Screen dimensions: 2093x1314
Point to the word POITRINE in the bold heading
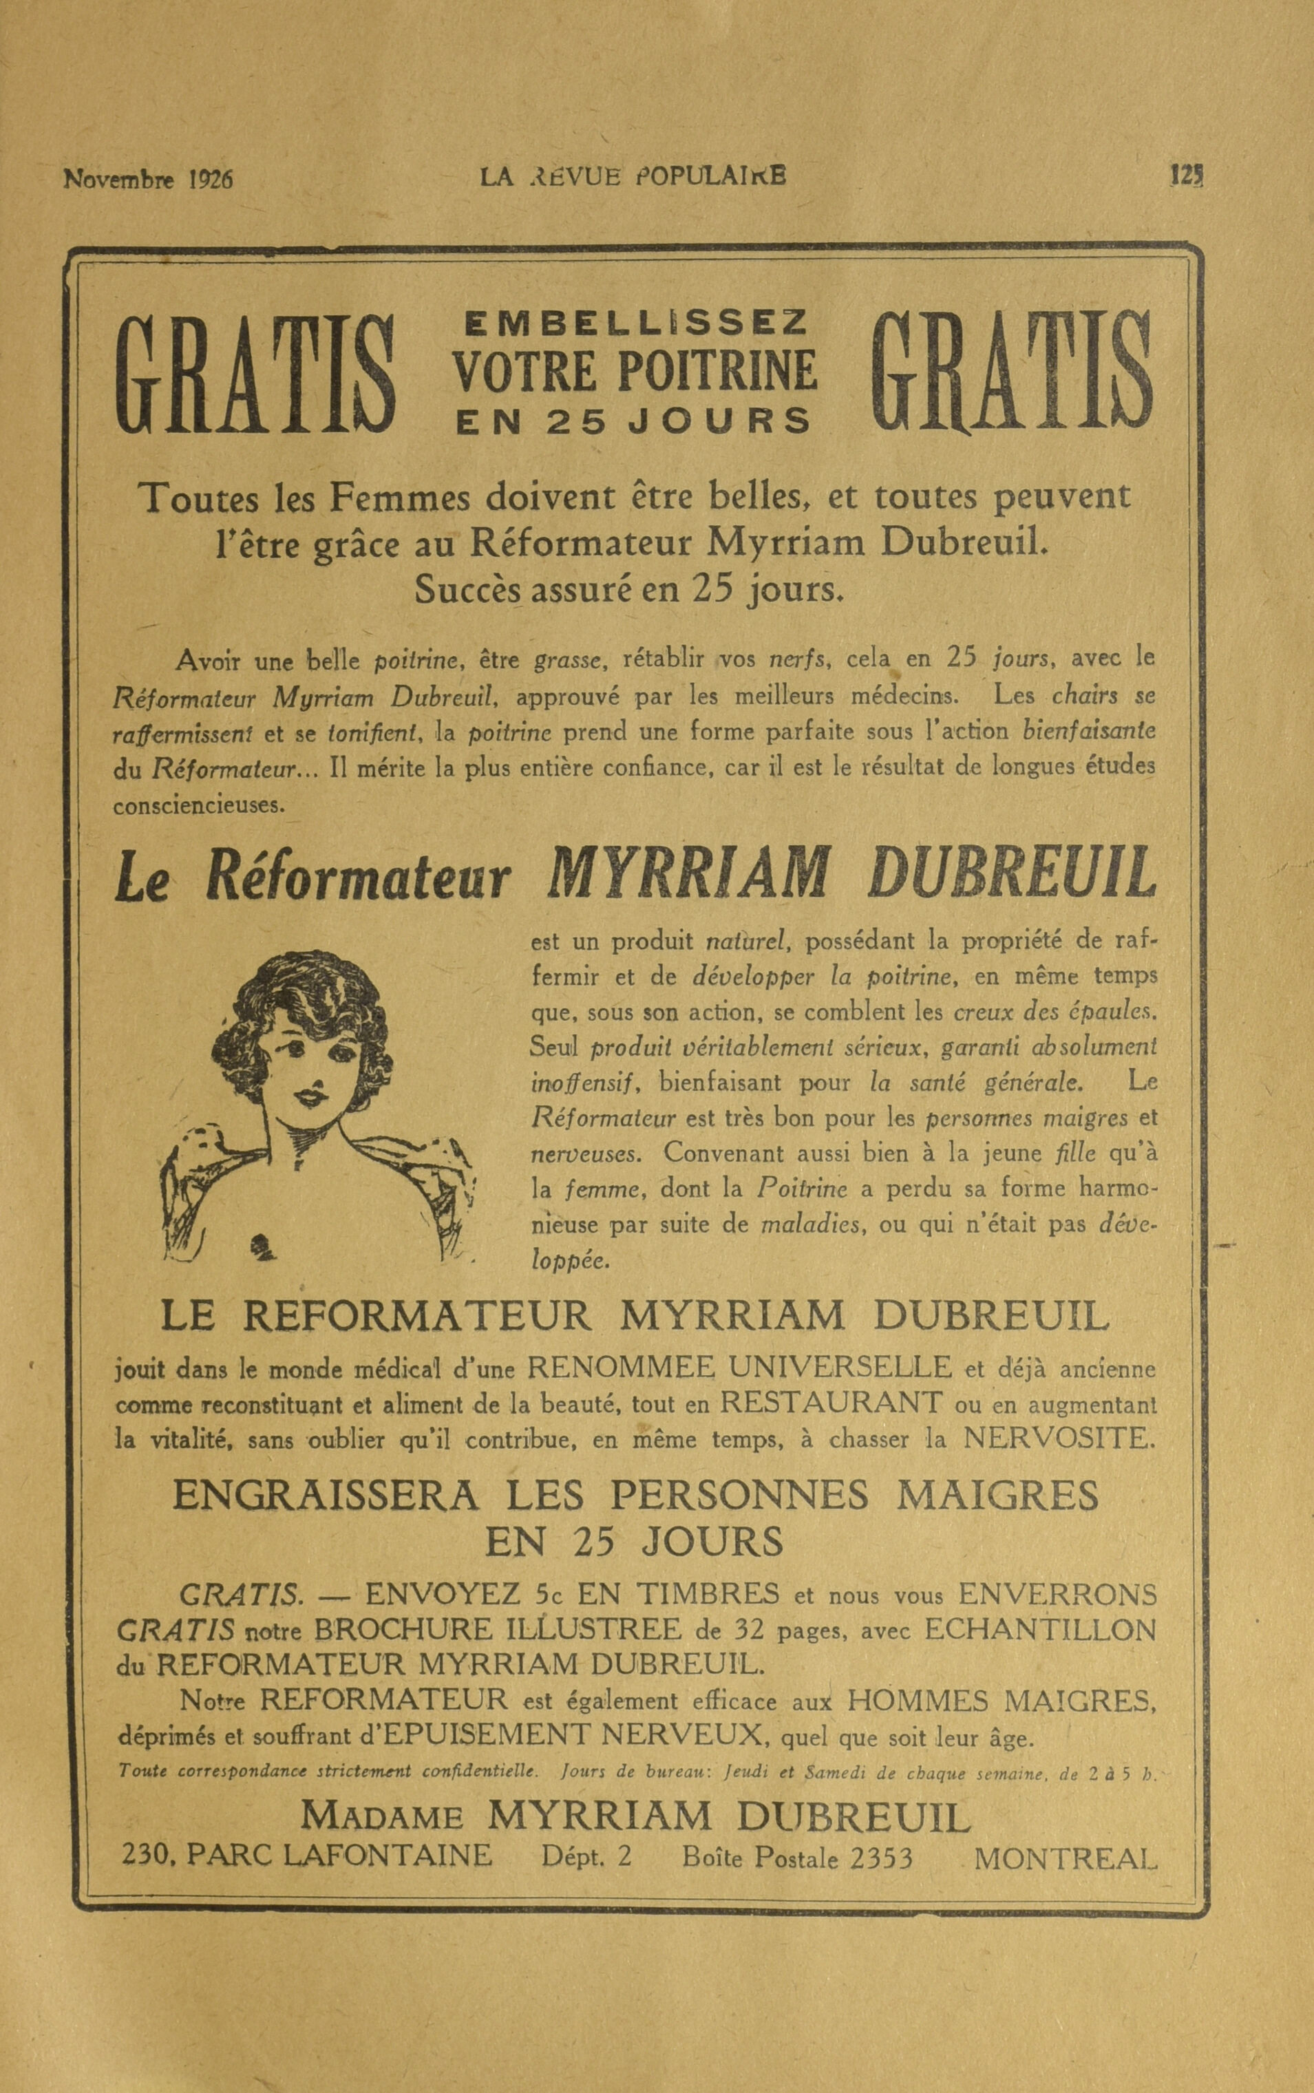pyautogui.click(x=718, y=371)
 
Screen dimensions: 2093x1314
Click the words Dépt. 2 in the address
pyautogui.click(x=586, y=1858)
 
